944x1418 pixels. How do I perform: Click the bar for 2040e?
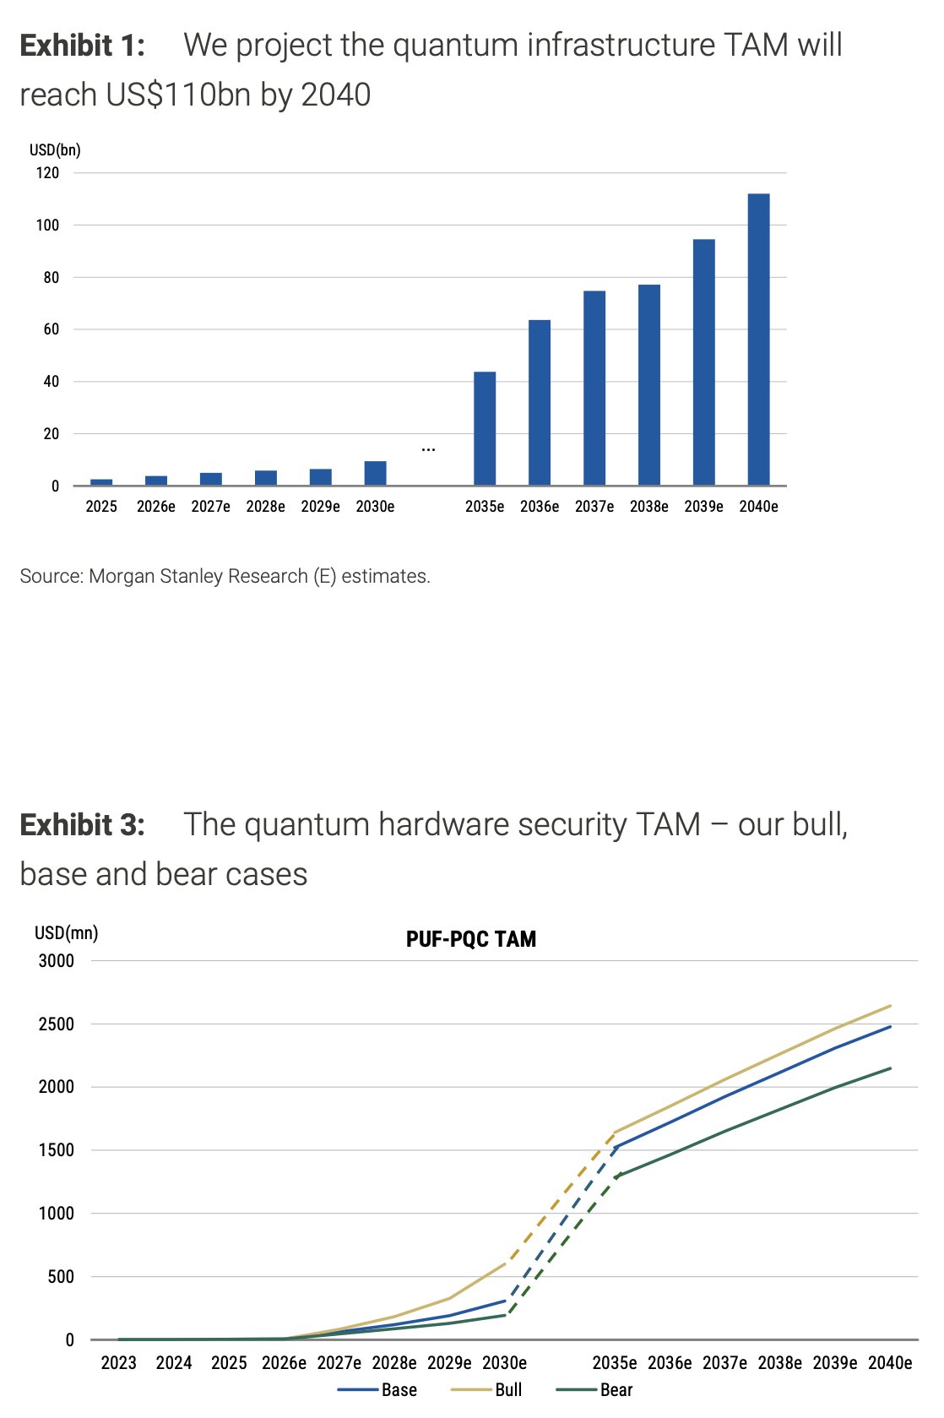758,340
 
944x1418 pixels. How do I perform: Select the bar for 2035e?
484,428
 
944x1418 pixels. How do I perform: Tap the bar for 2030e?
375,474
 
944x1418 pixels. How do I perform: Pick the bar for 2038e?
648,385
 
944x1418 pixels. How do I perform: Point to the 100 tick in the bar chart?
47,225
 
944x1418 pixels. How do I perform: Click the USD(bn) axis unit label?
55,150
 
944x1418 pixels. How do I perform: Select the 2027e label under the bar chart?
211,507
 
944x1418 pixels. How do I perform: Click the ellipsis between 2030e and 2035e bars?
428,450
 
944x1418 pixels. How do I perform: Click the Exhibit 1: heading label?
82,46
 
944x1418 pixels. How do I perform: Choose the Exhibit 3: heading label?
82,825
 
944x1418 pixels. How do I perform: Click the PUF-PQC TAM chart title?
471,939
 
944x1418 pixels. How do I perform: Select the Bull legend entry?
486,1389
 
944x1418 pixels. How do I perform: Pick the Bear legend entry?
594,1389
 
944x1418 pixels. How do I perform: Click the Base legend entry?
377,1389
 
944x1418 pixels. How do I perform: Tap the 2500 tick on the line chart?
57,1024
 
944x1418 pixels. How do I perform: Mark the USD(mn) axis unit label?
67,932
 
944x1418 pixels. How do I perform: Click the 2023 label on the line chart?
119,1362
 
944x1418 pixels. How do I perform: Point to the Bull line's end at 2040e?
890,1005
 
